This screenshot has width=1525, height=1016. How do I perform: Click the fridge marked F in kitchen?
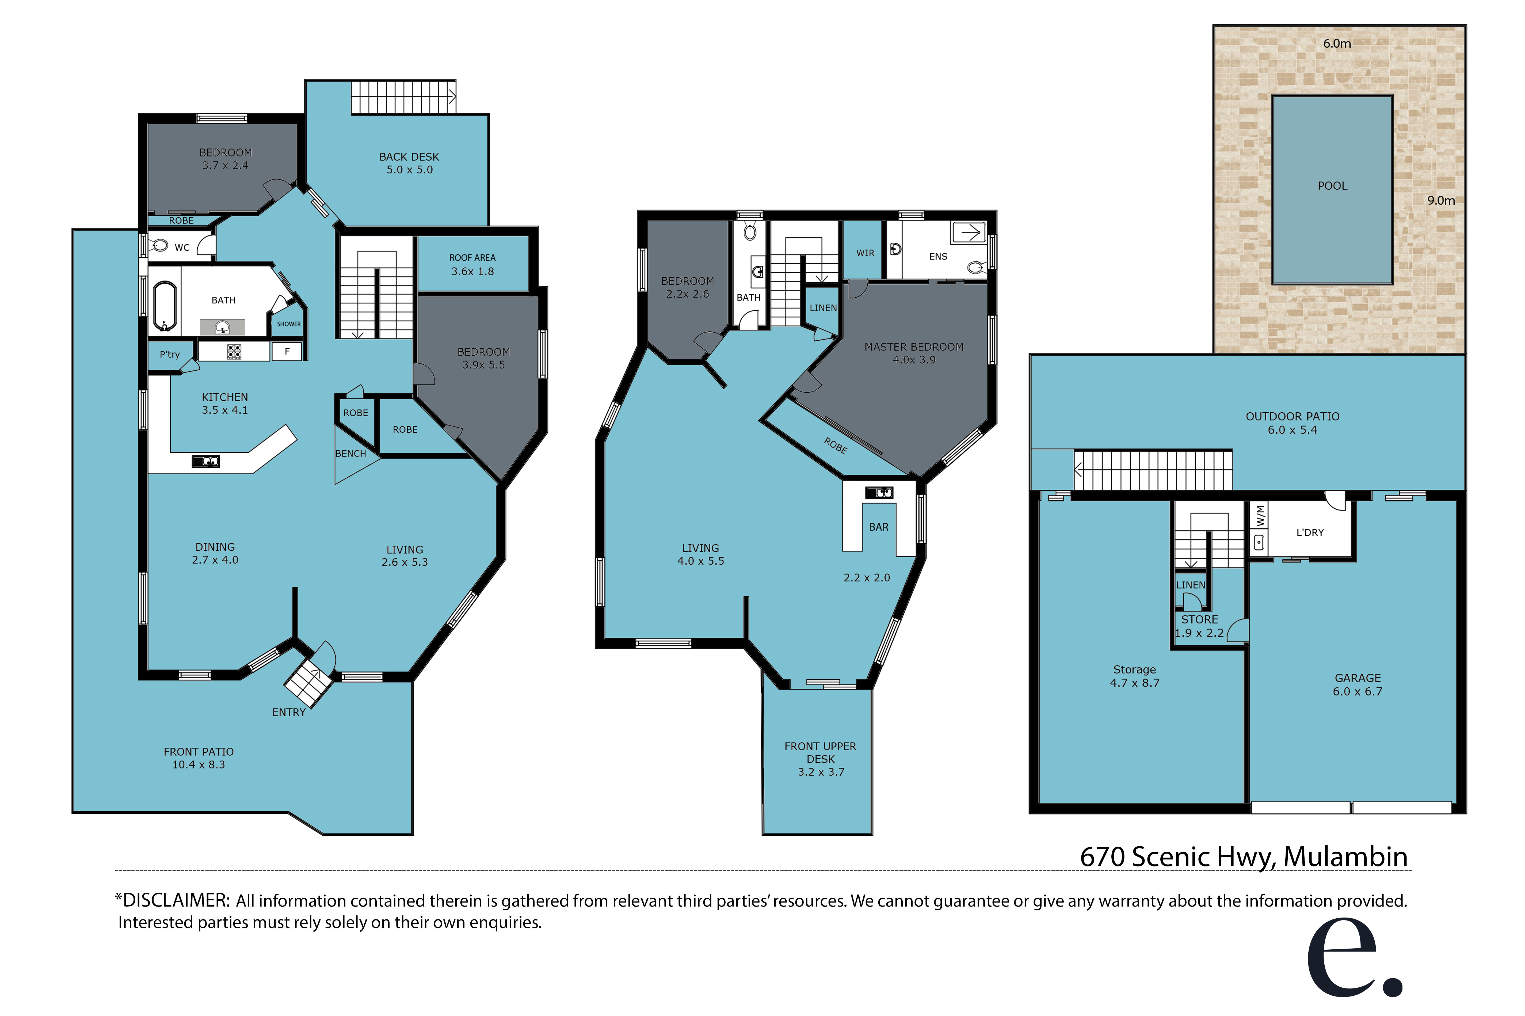tap(286, 351)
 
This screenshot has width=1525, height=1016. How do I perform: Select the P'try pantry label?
tap(170, 355)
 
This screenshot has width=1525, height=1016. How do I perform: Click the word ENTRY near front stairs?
tap(288, 712)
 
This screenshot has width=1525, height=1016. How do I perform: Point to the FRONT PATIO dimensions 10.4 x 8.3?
tap(198, 764)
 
